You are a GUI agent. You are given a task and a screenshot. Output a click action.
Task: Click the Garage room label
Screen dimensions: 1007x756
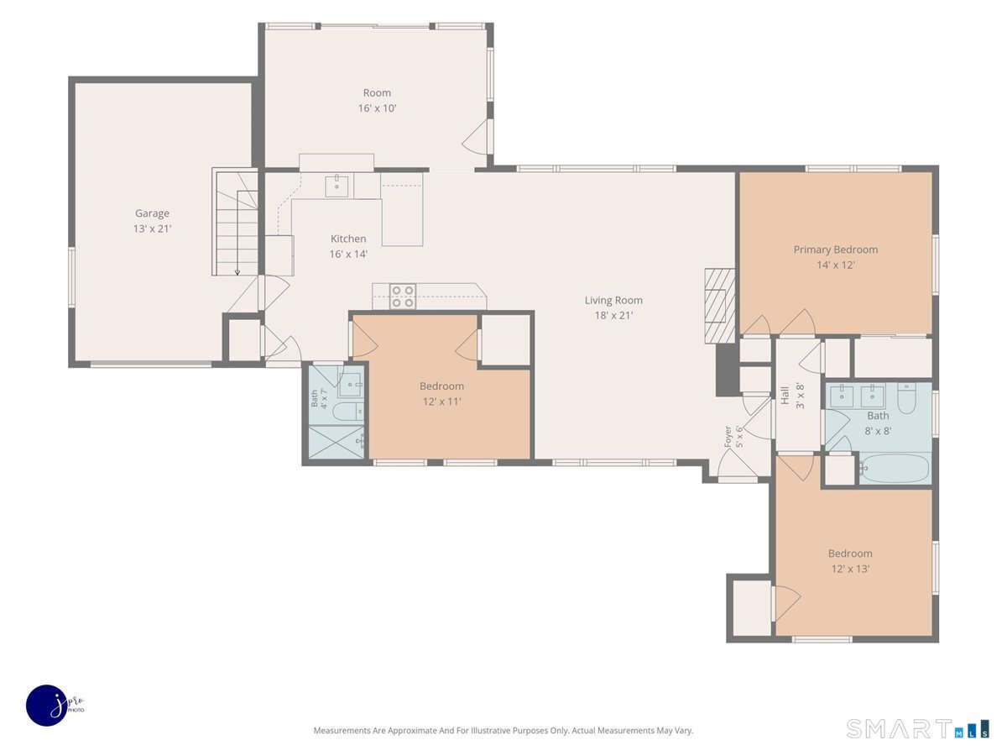pyautogui.click(x=152, y=213)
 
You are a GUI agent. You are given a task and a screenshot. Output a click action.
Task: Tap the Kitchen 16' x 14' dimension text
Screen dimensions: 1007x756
pyautogui.click(x=348, y=254)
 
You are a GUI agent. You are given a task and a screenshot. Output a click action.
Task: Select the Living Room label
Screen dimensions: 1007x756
pyautogui.click(x=613, y=300)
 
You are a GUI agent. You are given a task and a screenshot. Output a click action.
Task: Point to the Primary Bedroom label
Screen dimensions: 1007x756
pyautogui.click(x=836, y=249)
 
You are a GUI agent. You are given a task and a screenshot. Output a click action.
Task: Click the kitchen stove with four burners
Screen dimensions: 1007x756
pyautogui.click(x=403, y=296)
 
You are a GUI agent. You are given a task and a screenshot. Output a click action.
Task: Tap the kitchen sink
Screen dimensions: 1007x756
pyautogui.click(x=337, y=186)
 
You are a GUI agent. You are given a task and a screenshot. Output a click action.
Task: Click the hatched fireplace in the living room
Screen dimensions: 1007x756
pyautogui.click(x=720, y=306)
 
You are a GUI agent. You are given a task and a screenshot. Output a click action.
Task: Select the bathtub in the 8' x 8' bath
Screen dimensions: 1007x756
pyautogui.click(x=895, y=468)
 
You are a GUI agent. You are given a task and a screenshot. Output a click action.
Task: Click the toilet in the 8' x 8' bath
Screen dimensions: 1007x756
pyautogui.click(x=906, y=397)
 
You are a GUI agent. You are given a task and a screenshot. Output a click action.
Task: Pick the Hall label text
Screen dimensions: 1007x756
pyautogui.click(x=785, y=395)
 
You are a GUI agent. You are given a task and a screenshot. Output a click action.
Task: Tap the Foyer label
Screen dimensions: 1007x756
pyautogui.click(x=728, y=437)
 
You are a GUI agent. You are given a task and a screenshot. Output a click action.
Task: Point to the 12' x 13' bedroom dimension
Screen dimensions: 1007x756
pyautogui.click(x=850, y=569)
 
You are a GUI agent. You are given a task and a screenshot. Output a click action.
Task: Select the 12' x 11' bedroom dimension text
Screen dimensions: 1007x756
pyautogui.click(x=441, y=402)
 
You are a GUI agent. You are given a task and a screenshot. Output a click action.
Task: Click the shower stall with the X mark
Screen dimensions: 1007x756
pyautogui.click(x=337, y=442)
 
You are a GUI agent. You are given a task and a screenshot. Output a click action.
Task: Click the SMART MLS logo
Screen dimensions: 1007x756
pyautogui.click(x=917, y=728)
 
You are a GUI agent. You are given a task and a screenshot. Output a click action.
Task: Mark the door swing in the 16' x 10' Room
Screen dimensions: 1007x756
pyautogui.click(x=474, y=136)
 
